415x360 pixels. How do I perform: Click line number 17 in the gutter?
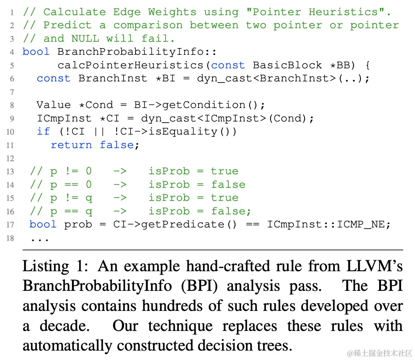coord(10,225)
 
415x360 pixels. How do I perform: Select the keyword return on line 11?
coord(71,145)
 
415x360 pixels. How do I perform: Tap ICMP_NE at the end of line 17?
coord(363,224)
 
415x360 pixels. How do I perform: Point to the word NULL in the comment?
coord(85,38)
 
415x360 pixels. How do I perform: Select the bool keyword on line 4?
coord(36,52)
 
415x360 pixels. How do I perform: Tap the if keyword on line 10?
coord(43,131)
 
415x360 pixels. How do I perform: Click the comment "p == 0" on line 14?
coord(71,184)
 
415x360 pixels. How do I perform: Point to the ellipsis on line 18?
coord(40,238)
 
